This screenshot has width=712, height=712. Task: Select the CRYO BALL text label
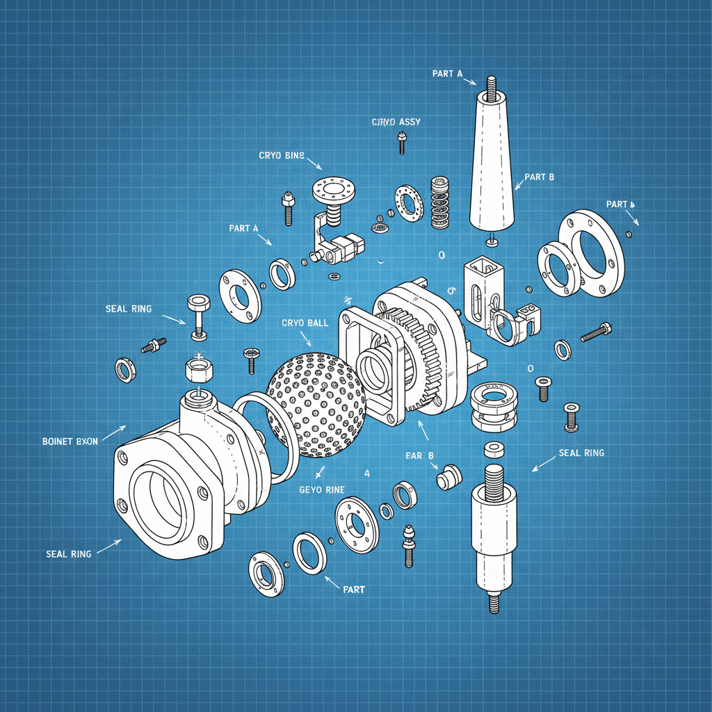[305, 323]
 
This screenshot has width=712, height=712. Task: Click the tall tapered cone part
[492, 163]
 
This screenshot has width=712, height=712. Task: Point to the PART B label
[539, 177]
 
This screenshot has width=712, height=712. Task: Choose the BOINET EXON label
[70, 441]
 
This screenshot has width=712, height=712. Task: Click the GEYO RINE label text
[321, 489]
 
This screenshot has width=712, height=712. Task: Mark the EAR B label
[419, 455]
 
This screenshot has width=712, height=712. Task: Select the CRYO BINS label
[281, 155]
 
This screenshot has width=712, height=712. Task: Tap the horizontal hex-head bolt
[595, 332]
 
